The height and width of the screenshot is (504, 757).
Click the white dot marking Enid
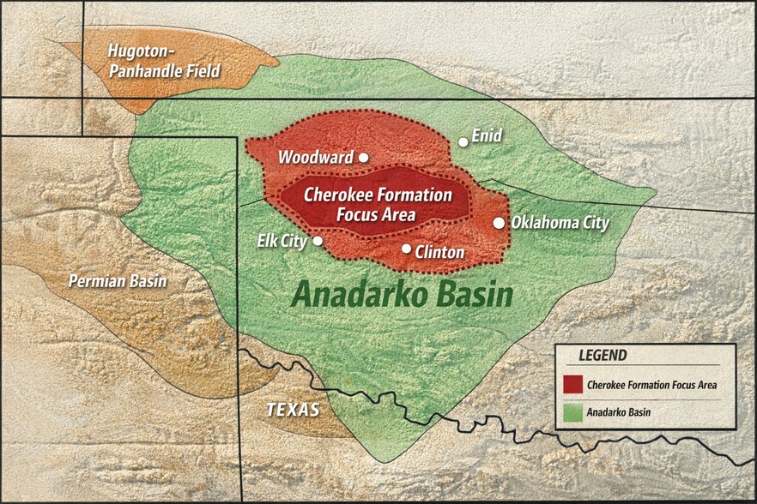click(x=463, y=142)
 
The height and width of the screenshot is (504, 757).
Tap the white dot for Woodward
click(x=363, y=158)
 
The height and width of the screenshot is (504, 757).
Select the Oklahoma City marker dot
click(x=499, y=223)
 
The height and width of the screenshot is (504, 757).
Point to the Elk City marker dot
click(x=318, y=242)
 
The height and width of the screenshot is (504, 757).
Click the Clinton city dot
click(x=407, y=249)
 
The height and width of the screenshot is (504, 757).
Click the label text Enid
click(x=487, y=135)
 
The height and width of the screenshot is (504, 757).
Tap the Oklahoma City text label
click(x=560, y=223)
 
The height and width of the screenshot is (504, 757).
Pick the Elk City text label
click(x=282, y=241)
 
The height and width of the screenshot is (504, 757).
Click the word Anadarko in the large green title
click(x=361, y=296)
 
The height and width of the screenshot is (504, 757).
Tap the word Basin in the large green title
click(x=475, y=295)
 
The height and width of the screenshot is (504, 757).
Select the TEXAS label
click(x=293, y=410)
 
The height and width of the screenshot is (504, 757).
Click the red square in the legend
click(x=573, y=383)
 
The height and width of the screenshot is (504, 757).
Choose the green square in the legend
click(x=573, y=412)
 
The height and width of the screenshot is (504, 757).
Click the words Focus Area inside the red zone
click(x=376, y=214)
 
